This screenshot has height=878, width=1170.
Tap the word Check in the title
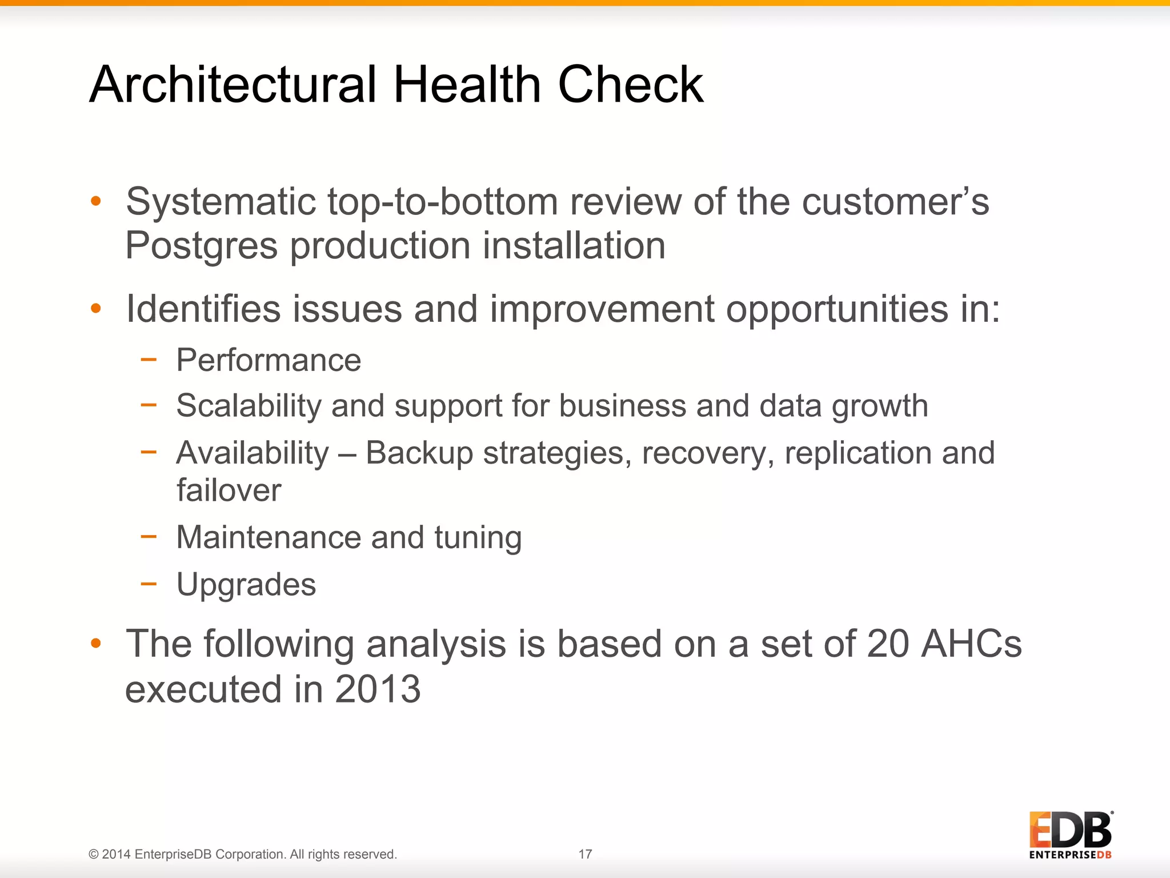630,85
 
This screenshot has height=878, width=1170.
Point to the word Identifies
203,309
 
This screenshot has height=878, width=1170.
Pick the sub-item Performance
269,360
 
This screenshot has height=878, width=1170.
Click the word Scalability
249,406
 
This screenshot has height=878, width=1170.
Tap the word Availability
253,453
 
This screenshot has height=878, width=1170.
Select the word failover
229,490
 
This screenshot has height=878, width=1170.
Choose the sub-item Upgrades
246,584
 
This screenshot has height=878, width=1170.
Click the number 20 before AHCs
887,644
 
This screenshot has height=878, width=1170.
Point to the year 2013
378,689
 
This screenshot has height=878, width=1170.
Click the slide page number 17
585,854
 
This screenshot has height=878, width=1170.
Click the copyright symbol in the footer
94,855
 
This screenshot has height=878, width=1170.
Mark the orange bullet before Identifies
95,309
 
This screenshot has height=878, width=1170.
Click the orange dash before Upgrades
149,584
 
